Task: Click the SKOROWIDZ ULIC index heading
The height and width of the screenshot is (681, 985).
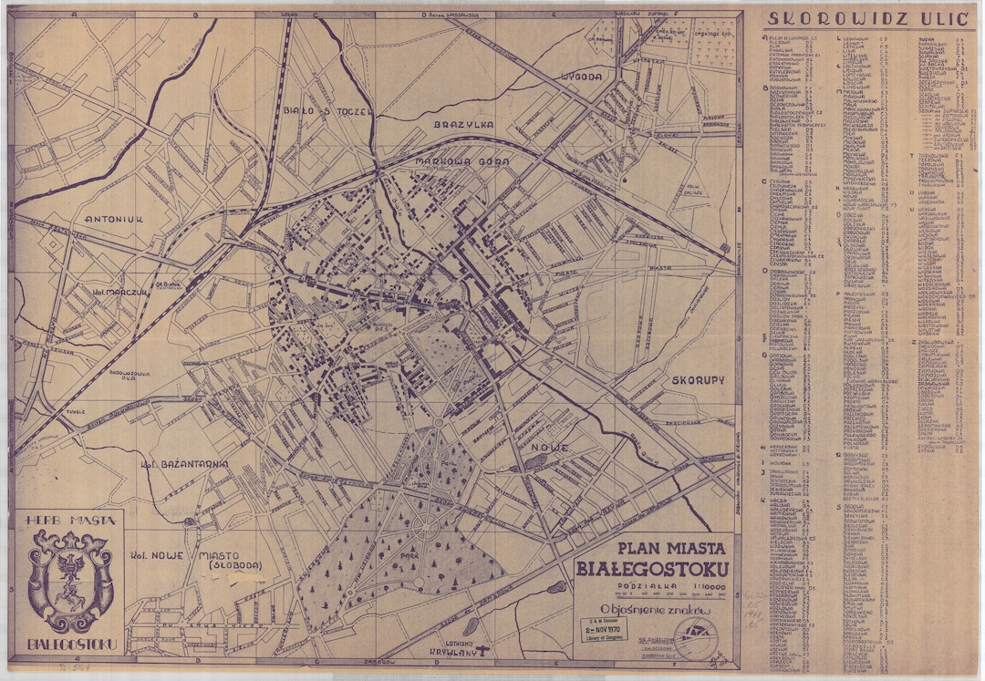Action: click(x=866, y=19)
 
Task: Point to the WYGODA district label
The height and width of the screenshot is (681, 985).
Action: click(x=583, y=76)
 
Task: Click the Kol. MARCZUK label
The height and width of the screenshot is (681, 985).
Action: click(x=120, y=294)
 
